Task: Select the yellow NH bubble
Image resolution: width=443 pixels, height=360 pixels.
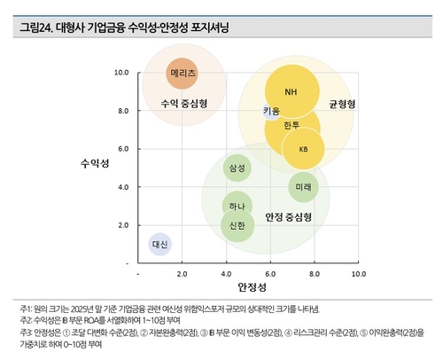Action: (291, 91)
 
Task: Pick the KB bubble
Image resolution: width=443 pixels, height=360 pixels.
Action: (304, 149)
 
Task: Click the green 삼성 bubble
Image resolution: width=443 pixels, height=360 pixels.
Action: (237, 168)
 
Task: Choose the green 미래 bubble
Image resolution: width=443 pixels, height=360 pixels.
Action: (304, 187)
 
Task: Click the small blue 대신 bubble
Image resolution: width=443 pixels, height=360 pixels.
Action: (160, 244)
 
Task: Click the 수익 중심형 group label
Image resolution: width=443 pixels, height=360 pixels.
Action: (184, 103)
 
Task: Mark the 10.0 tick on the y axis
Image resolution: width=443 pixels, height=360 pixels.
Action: (122, 72)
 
